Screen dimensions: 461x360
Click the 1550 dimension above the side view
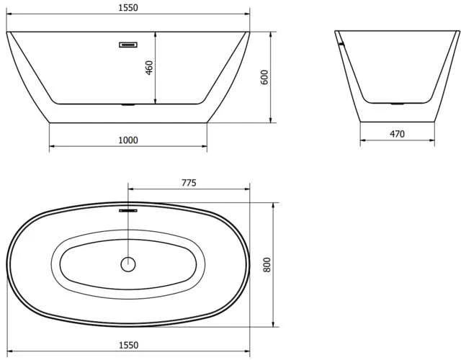pos(128,8)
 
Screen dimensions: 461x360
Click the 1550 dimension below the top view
pos(128,345)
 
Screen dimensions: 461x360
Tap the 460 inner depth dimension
pos(150,68)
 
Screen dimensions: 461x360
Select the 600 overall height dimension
pos(264,77)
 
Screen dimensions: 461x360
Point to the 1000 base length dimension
pos(128,140)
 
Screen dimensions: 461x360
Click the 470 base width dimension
pos(397,134)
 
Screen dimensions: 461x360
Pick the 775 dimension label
pos(189,183)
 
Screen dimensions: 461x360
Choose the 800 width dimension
pos(267,264)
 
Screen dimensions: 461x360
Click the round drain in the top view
pos(128,264)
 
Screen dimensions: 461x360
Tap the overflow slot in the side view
pos(128,45)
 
